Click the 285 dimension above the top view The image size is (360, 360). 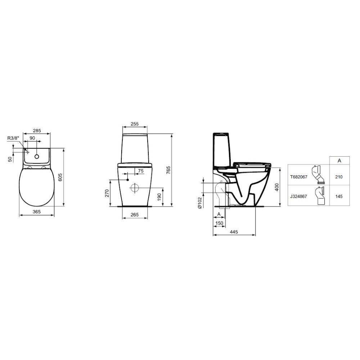tap(37, 131)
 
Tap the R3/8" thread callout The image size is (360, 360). tap(13, 138)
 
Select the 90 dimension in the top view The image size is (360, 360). tap(32, 138)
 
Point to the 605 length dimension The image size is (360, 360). tap(60, 177)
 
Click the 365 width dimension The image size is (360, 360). tap(36, 212)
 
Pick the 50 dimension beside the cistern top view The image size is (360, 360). tap(10, 159)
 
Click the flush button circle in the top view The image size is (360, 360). tap(37, 157)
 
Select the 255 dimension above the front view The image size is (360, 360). tap(135, 124)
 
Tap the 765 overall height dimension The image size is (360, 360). tap(168, 170)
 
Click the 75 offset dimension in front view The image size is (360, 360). tap(141, 171)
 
